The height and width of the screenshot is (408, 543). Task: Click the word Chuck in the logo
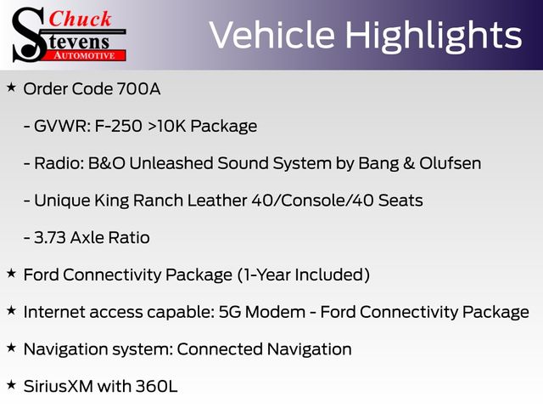[x=80, y=20]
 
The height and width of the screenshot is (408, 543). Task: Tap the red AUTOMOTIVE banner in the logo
[x=85, y=55]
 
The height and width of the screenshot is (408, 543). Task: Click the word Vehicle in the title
[x=271, y=35]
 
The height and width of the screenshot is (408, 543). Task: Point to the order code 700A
[x=138, y=88]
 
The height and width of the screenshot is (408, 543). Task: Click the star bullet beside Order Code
[x=11, y=87]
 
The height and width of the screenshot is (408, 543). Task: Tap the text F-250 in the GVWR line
[x=118, y=126]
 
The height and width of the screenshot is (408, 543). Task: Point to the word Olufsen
[x=451, y=163]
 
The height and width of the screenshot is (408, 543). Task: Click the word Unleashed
[x=171, y=163]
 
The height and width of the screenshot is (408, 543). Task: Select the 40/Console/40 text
[x=313, y=201]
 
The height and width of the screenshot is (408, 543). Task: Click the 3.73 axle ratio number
[x=50, y=238]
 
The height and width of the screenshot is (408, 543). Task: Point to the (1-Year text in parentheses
[x=265, y=275]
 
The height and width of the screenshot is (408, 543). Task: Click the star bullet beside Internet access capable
[x=11, y=310]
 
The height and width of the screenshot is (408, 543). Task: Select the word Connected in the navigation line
[x=220, y=349]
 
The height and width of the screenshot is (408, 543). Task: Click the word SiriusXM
[x=59, y=386]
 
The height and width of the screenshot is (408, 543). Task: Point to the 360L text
[x=156, y=386]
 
